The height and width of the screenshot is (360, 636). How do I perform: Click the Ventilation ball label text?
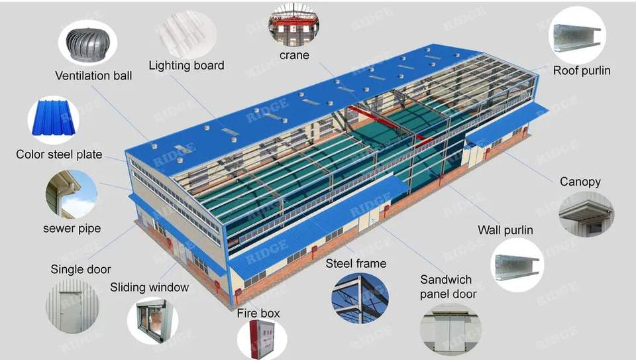click(93, 76)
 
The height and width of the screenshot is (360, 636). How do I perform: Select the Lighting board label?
click(186, 65)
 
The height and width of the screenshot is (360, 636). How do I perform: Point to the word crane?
click(294, 55)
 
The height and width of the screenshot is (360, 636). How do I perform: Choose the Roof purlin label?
click(582, 70)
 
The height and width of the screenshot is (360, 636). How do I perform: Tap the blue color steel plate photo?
click(53, 120)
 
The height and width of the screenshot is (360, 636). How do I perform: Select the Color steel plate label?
click(59, 154)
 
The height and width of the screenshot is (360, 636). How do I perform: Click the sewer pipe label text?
click(72, 228)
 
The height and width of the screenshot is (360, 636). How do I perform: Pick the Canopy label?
click(580, 181)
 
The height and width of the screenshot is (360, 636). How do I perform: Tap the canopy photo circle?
click(586, 213)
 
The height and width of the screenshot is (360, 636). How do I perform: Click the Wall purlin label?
click(505, 230)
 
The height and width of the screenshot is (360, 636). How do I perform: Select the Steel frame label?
click(356, 263)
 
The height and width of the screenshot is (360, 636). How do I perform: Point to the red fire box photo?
click(262, 337)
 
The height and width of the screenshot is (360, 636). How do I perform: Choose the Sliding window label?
click(149, 287)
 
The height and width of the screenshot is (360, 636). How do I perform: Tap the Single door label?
click(81, 269)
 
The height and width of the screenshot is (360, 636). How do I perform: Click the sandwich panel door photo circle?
click(450, 329)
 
